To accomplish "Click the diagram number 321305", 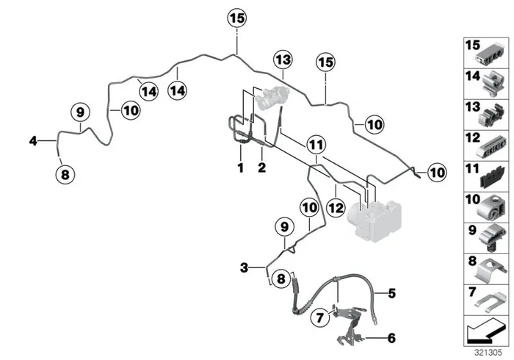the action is click(x=488, y=353).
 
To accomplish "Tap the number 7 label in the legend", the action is click(x=472, y=291).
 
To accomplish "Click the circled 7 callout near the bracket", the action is click(x=320, y=317).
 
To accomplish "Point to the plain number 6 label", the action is click(x=391, y=338).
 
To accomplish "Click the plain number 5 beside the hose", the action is click(x=391, y=293).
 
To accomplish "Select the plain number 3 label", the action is click(x=245, y=268).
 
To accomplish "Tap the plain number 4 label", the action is click(x=33, y=141).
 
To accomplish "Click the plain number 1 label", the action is click(x=241, y=168).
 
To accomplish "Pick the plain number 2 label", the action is click(x=261, y=168).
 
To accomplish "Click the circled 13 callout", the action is click(x=283, y=60).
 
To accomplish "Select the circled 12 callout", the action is click(x=336, y=208).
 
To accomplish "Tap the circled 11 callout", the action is click(x=316, y=145).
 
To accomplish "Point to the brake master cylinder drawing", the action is click(x=272, y=97).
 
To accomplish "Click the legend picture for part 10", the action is click(x=491, y=209).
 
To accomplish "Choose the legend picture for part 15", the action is click(x=490, y=55).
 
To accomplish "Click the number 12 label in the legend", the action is click(x=473, y=137).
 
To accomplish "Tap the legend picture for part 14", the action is click(x=493, y=84).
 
